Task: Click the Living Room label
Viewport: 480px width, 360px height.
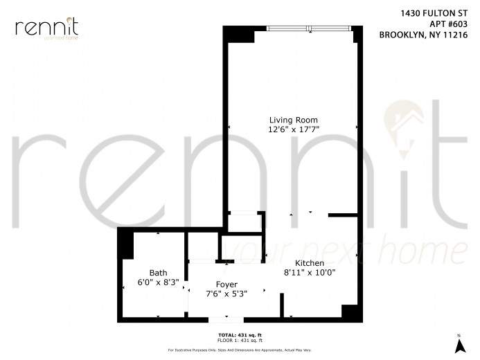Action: click(x=290, y=119)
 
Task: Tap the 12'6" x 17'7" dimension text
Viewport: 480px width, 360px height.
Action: click(x=290, y=129)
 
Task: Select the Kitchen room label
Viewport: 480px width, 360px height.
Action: click(x=310, y=263)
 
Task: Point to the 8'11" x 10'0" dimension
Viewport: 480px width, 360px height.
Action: click(x=310, y=273)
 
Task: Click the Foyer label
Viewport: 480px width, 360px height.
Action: click(x=226, y=285)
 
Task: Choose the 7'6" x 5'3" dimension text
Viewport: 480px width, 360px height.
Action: click(x=226, y=294)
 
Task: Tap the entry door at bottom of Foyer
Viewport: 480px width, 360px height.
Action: click(x=226, y=318)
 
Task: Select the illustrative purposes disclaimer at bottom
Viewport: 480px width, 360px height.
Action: click(x=240, y=350)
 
